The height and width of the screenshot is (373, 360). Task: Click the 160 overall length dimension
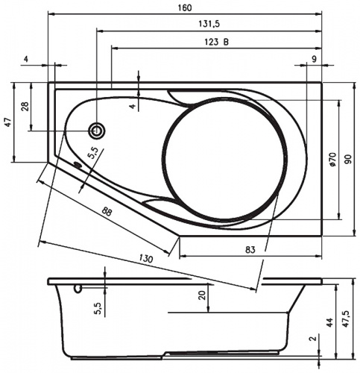point(185,7)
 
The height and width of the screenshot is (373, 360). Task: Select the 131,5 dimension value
point(209,24)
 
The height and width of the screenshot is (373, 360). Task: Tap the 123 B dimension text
point(217,42)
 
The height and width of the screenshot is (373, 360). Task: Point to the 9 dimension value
point(314,59)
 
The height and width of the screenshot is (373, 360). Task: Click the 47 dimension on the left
point(8,122)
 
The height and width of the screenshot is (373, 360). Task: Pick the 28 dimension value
point(27,106)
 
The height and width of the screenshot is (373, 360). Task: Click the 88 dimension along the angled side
point(107,211)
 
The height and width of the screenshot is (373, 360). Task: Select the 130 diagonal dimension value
point(145,258)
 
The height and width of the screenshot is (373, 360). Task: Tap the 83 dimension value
point(250,249)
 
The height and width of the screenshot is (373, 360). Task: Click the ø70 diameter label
point(332,160)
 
